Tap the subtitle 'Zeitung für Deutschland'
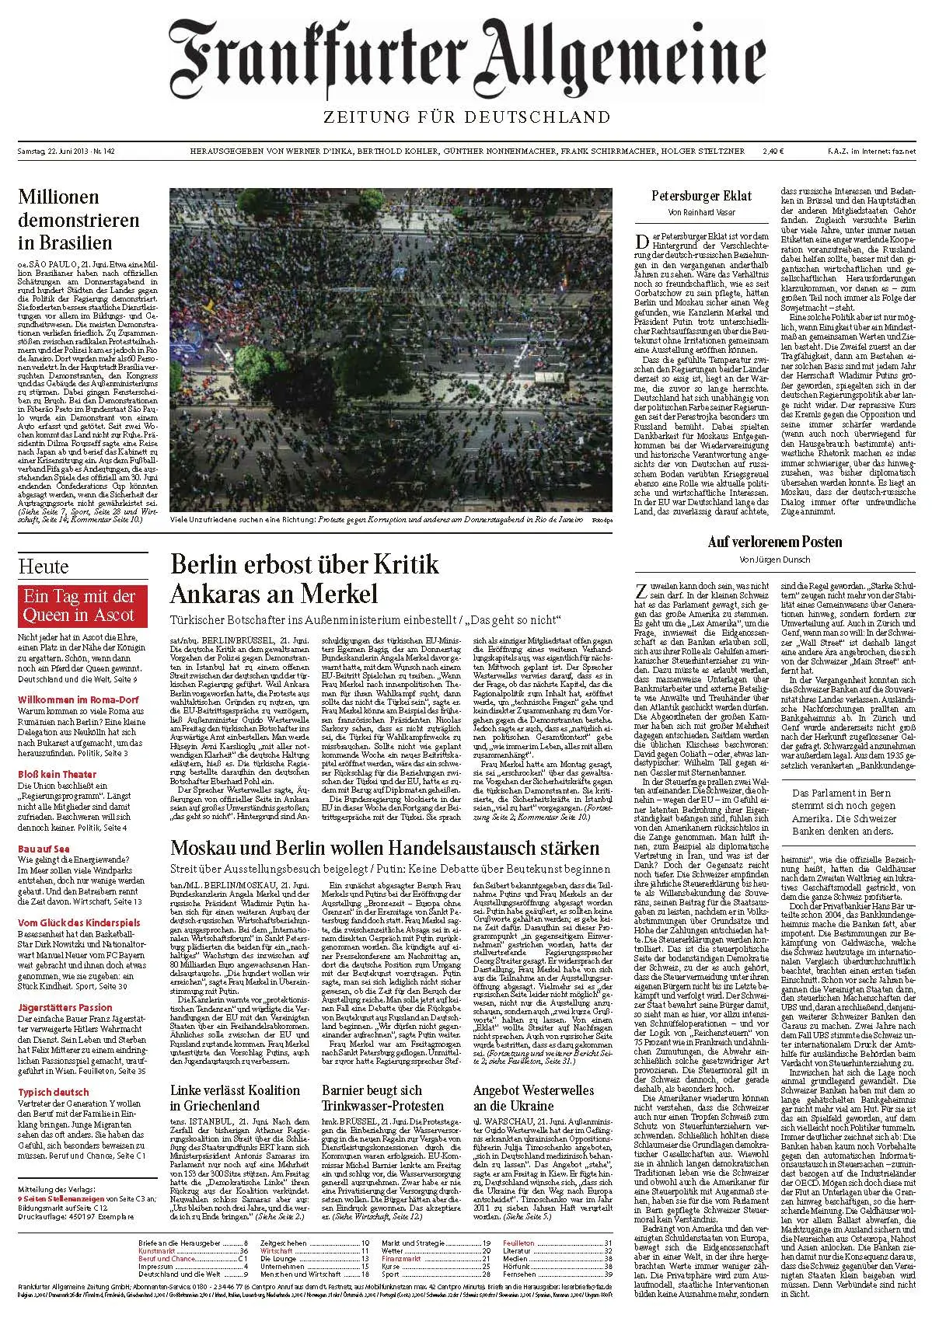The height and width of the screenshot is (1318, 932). (465, 117)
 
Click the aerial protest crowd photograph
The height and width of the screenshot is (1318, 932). (391, 349)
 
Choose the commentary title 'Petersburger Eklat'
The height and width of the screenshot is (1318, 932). (695, 196)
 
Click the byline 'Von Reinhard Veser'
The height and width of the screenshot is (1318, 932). (695, 213)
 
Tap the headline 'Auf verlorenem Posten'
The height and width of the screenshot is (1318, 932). (764, 542)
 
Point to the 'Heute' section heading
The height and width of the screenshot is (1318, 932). (44, 566)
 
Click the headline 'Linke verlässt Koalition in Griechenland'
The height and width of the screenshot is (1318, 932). (235, 1097)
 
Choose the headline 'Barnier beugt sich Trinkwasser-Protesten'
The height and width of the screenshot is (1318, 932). (382, 1097)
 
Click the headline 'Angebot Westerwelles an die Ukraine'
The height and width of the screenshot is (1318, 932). (533, 1097)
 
